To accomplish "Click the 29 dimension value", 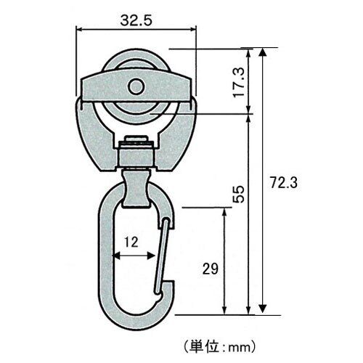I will click(211, 268).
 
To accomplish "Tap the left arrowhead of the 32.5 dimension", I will click(78, 30).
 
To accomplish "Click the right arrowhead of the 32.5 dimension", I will click(194, 30).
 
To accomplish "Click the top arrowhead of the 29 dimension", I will click(231, 211).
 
